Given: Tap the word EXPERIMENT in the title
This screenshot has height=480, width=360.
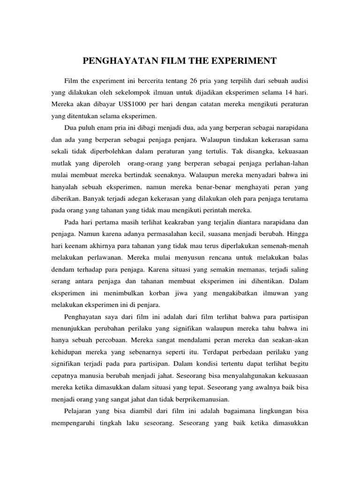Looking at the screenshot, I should click(247, 60).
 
